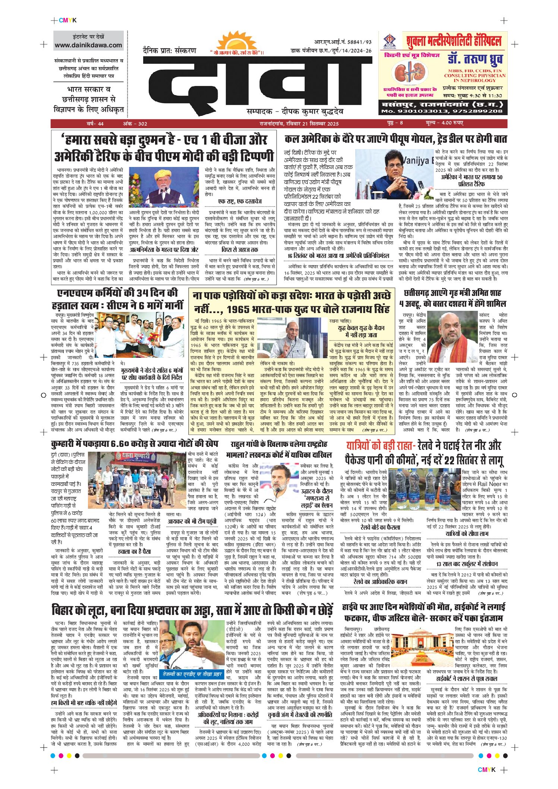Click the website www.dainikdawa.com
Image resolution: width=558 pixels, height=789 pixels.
pyautogui.click(x=88, y=45)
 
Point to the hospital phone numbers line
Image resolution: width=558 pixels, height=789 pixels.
pyautogui.click(x=442, y=111)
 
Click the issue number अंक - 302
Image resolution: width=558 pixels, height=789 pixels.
pyautogui.click(x=135, y=124)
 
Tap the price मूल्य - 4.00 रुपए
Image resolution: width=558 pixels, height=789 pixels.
pyautogui.click(x=444, y=123)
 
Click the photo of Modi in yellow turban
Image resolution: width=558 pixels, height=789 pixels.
pyautogui.click(x=164, y=187)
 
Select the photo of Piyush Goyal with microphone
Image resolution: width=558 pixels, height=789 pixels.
pyautogui.click(x=394, y=175)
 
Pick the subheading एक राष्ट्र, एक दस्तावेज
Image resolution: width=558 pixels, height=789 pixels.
pyautogui.click(x=240, y=201)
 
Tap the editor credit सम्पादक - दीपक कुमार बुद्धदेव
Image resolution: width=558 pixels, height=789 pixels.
pyautogui.click(x=294, y=111)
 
